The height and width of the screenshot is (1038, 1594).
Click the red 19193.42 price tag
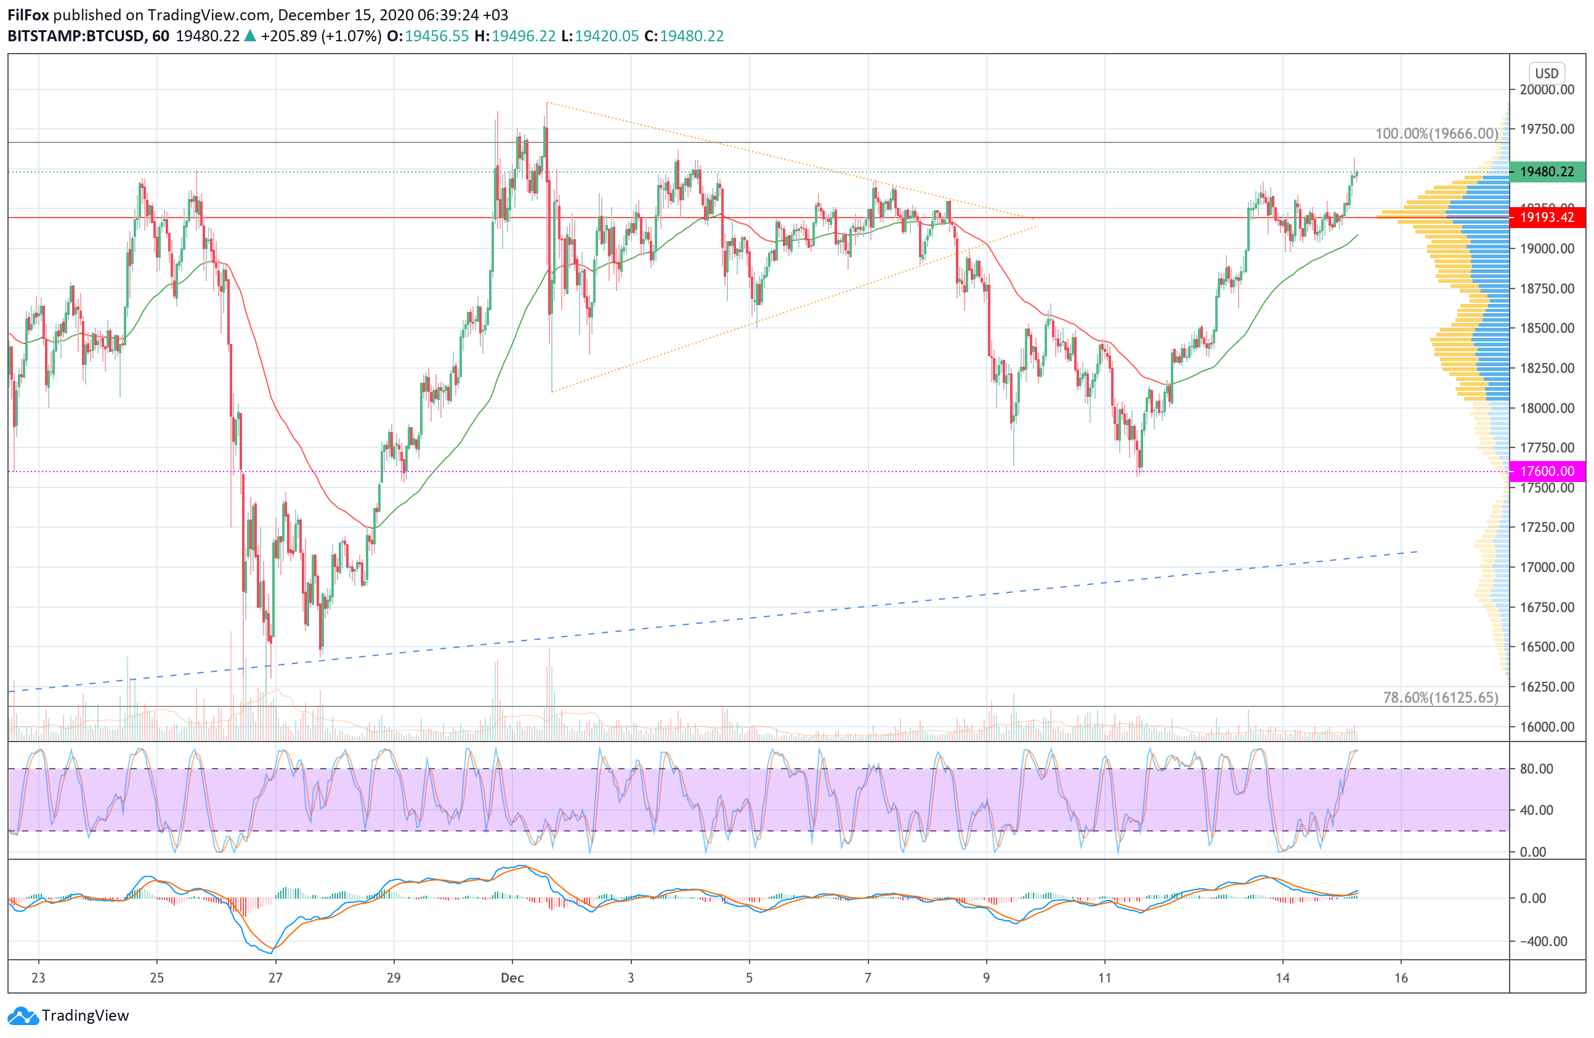click(1547, 217)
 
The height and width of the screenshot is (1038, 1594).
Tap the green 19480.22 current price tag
click(1547, 171)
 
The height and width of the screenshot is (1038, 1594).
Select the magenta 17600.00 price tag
click(1547, 471)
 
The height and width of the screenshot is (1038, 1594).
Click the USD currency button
click(1547, 73)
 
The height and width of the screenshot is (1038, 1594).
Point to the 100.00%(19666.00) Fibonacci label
click(1436, 133)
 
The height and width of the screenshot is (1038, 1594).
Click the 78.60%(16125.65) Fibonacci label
click(1440, 698)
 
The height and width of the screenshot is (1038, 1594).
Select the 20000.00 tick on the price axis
click(1547, 90)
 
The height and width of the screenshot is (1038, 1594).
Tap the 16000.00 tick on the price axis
click(1547, 726)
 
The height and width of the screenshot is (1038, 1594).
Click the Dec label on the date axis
click(512, 978)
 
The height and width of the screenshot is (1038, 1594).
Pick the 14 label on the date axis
click(1282, 978)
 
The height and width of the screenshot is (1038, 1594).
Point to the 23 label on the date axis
click(38, 978)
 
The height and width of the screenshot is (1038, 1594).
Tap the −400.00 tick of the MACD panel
click(1542, 941)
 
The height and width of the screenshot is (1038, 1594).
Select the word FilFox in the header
click(28, 15)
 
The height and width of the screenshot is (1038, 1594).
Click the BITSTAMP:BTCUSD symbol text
click(76, 36)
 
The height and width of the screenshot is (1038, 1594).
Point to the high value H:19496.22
click(514, 36)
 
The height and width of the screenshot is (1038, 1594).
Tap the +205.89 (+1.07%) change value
click(321, 36)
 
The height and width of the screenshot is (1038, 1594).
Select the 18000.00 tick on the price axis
click(1547, 408)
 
